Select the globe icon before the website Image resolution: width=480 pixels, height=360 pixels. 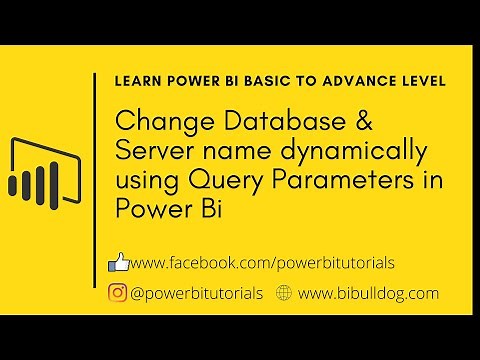pos(283,293)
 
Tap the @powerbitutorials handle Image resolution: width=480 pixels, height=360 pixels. pos(197,293)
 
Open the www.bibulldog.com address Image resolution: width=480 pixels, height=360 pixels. pos(368,293)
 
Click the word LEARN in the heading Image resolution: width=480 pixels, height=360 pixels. pos(139,79)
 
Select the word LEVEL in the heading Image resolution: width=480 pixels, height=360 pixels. pos(425,79)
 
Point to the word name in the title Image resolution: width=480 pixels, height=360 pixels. pos(228,153)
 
